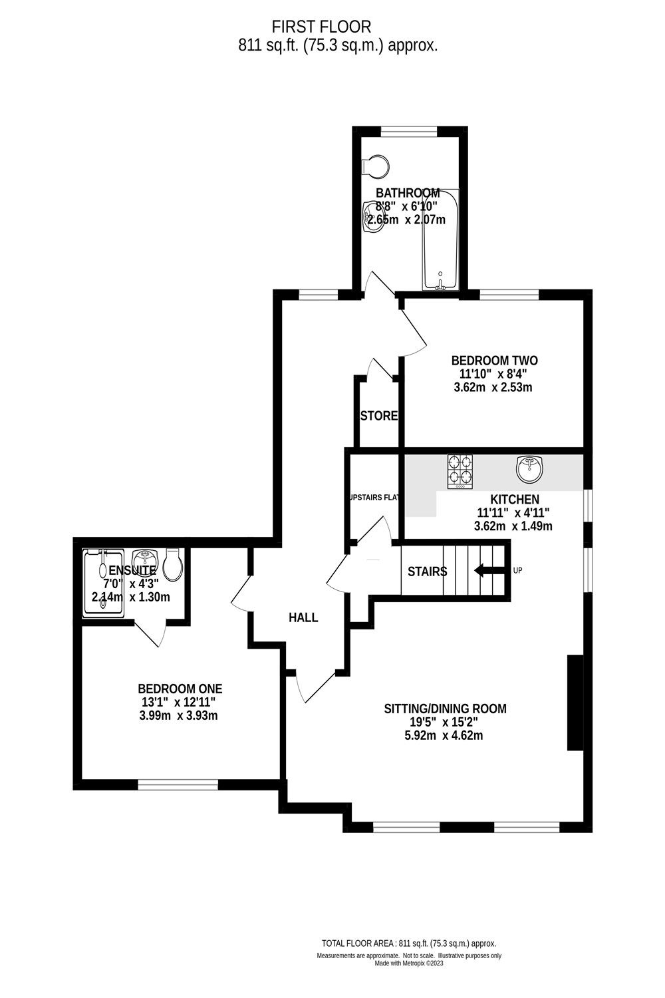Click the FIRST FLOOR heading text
pyautogui.click(x=321, y=27)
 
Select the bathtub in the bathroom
pyautogui.click(x=440, y=240)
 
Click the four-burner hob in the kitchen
pyautogui.click(x=460, y=470)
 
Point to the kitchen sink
pyautogui.click(x=530, y=470)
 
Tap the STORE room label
pyautogui.click(x=378, y=416)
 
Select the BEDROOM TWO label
pyautogui.click(x=494, y=361)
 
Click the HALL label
pyautogui.click(x=303, y=617)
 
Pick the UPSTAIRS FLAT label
pyautogui.click(x=374, y=497)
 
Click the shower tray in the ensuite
pyautogui.click(x=103, y=583)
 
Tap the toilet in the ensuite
pyautogui.click(x=173, y=564)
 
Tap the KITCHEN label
pyautogui.click(x=515, y=500)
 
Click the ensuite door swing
pyautogui.click(x=152, y=634)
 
